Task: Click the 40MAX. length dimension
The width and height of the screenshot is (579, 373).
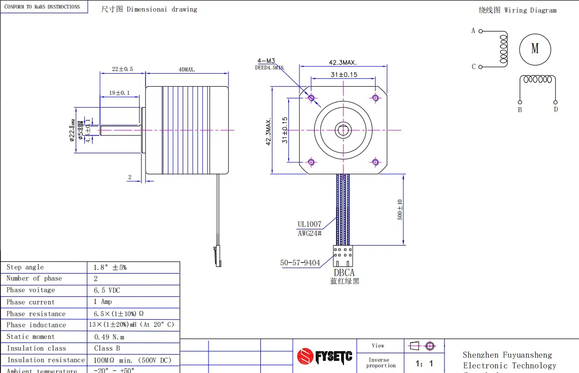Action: (x=186, y=69)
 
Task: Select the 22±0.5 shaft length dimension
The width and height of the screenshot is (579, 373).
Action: (x=122, y=69)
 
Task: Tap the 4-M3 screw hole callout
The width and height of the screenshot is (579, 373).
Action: (x=266, y=60)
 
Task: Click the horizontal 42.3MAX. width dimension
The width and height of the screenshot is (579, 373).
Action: (x=343, y=62)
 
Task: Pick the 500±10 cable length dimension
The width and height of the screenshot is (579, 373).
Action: (x=400, y=209)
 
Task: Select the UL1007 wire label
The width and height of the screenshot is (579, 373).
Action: (x=309, y=224)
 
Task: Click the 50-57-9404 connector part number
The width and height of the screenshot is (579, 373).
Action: (x=300, y=263)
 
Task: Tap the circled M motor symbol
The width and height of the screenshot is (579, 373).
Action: (x=535, y=49)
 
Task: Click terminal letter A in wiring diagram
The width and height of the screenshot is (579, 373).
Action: (x=473, y=31)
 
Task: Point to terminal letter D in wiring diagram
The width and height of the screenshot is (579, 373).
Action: (x=556, y=109)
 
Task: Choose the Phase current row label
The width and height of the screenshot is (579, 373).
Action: (x=30, y=302)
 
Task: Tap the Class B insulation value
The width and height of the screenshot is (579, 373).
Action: (x=107, y=349)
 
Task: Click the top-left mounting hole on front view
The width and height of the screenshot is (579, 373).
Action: (x=311, y=98)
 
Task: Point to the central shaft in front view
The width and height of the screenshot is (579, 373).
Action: (x=343, y=130)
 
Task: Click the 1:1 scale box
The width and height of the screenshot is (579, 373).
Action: (x=424, y=363)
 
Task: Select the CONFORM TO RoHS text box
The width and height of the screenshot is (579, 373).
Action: (x=43, y=7)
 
